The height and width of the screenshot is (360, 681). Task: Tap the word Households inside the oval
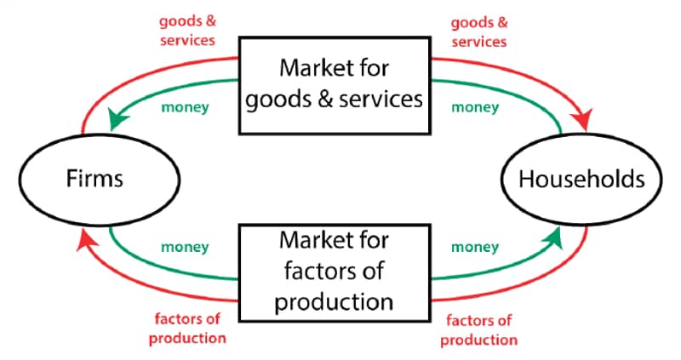(x=581, y=180)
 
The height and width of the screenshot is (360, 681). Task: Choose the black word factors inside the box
(x=301, y=274)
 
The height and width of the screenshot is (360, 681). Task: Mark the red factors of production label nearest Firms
(x=188, y=329)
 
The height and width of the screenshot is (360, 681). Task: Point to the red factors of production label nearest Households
(x=480, y=329)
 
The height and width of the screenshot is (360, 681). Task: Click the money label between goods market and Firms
(x=184, y=108)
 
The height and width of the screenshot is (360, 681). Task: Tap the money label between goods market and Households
(x=474, y=108)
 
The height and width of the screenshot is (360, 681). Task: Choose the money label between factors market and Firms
(x=185, y=248)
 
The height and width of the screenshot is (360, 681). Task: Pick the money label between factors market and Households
(x=474, y=248)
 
